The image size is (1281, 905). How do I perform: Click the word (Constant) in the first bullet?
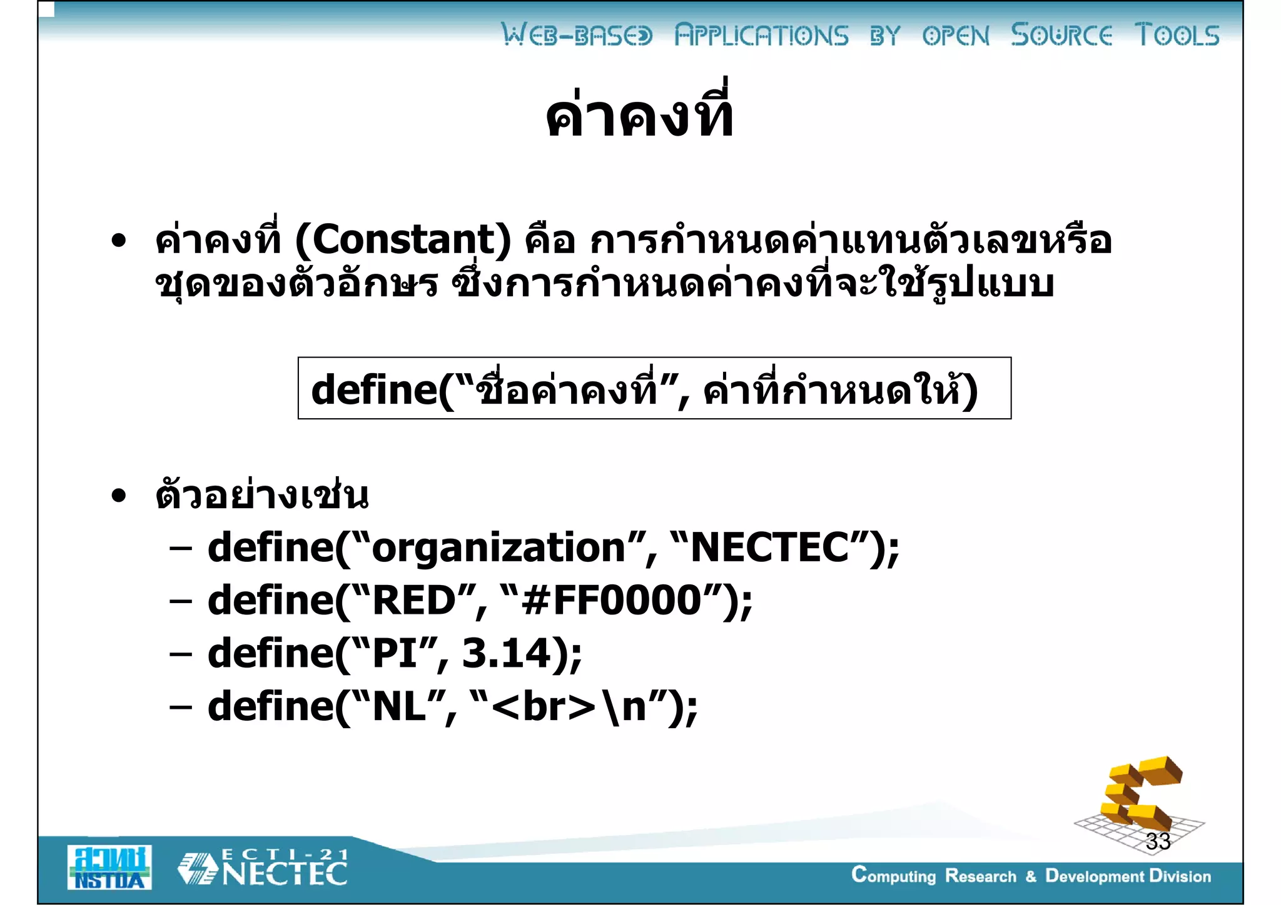[403, 240]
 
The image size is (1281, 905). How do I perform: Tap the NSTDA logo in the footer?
[109, 867]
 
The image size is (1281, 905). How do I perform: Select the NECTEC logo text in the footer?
[285, 872]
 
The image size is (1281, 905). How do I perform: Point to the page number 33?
[1158, 841]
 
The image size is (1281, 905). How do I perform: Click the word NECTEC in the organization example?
[770, 548]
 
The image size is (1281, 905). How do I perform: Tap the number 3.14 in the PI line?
[506, 654]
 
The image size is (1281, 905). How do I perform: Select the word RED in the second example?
[414, 601]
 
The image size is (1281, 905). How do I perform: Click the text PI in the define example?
[395, 654]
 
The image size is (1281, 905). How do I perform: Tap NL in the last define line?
[399, 707]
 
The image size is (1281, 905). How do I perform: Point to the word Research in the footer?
[980, 876]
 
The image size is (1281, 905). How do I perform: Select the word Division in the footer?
[1180, 876]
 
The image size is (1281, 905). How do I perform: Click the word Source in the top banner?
[1061, 35]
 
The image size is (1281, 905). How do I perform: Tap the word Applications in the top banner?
[761, 35]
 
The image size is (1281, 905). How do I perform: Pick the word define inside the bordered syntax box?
[373, 390]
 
